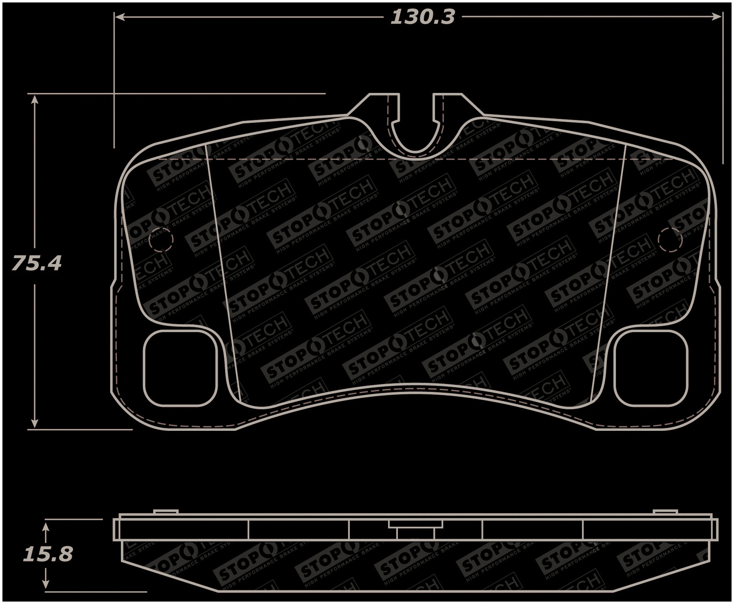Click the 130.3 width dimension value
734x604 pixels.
[x=422, y=18]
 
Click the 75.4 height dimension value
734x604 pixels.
[x=36, y=263]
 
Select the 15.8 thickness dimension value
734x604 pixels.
[x=47, y=554]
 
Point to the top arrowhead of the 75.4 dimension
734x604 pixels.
[x=34, y=99]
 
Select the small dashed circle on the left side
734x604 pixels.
[x=161, y=239]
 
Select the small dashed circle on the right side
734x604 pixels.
[x=670, y=240]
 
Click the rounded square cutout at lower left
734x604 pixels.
[x=180, y=368]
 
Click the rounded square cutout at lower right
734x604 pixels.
[x=651, y=368]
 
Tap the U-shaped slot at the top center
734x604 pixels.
[x=416, y=130]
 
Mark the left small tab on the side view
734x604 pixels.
[x=165, y=512]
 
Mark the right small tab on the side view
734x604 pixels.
[x=665, y=512]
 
